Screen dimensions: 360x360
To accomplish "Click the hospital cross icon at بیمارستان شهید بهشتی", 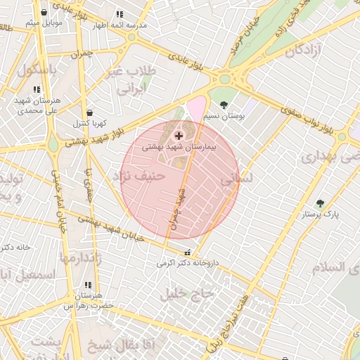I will pyautogui.click(x=179, y=135).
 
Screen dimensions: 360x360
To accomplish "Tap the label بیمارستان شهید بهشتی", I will pyautogui.click(x=179, y=148).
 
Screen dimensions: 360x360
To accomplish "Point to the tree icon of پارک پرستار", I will pyautogui.click(x=321, y=203).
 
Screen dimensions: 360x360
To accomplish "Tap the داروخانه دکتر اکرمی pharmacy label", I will pyautogui.click(x=186, y=264).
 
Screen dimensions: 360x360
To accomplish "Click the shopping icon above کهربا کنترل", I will pyautogui.click(x=89, y=112).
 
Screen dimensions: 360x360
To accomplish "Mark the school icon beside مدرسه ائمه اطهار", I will pyautogui.click(x=120, y=14).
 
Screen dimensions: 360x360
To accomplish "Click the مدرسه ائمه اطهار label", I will pyautogui.click(x=121, y=25).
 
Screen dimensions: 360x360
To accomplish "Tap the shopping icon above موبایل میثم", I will pyautogui.click(x=44, y=13).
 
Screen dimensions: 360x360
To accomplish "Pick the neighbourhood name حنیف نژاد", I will pyautogui.click(x=143, y=176).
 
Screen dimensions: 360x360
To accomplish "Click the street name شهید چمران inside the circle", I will pyautogui.click(x=175, y=211).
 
